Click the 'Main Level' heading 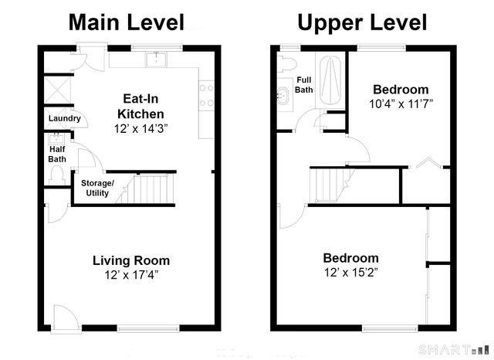(127, 22)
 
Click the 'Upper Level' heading (362, 22)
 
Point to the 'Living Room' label (131, 260)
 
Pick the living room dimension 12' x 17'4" (131, 274)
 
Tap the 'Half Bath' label (57, 155)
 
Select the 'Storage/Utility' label (97, 187)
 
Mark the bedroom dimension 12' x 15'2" (350, 272)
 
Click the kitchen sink (160, 59)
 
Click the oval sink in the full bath (283, 97)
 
